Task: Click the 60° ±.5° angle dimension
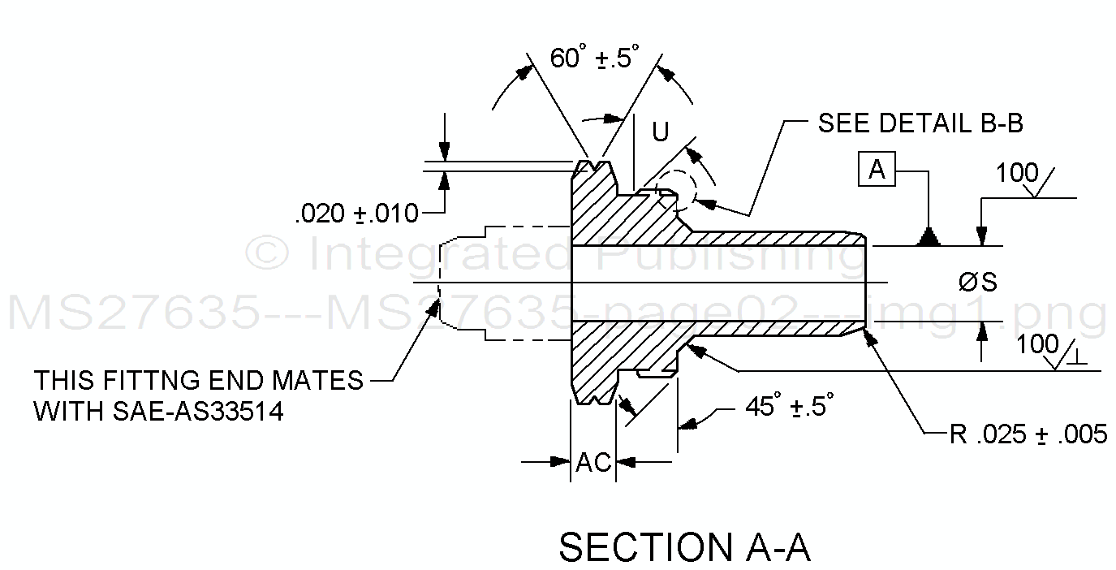click(x=594, y=58)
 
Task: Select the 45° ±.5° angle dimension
click(x=789, y=406)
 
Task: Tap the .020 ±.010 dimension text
click(x=357, y=214)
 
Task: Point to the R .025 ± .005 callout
click(x=1028, y=434)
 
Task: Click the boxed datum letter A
click(x=877, y=171)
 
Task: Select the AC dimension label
click(x=593, y=462)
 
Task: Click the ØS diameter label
click(x=977, y=283)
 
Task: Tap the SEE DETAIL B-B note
click(x=920, y=123)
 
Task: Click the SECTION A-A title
click(x=684, y=547)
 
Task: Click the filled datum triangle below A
click(x=928, y=237)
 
